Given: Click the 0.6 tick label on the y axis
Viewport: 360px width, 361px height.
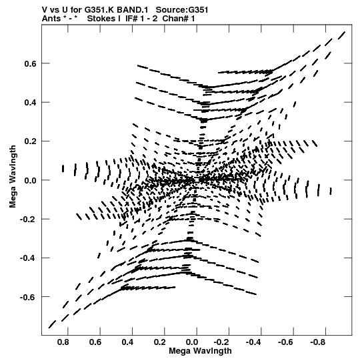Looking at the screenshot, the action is pyautogui.click(x=30, y=64).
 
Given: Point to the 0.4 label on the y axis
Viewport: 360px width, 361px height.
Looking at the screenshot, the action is pyautogui.click(x=30, y=103).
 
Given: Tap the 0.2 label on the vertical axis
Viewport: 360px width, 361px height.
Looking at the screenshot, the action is pyautogui.click(x=30, y=141).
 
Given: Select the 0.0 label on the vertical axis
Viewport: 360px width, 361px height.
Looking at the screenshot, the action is pyautogui.click(x=30, y=180).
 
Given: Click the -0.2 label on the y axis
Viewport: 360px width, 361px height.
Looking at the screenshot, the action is pyautogui.click(x=28, y=220).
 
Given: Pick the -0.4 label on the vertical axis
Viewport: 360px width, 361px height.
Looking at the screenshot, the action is pyautogui.click(x=28, y=258).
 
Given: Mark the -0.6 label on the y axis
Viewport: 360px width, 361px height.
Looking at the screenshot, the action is pyautogui.click(x=28, y=297).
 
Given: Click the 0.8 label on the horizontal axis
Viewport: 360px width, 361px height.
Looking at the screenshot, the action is pyautogui.click(x=63, y=342).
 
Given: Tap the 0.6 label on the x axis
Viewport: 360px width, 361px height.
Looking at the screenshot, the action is pyautogui.click(x=95, y=342).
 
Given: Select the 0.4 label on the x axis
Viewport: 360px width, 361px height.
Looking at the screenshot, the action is pyautogui.click(x=127, y=342).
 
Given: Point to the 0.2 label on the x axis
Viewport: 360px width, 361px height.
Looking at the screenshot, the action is pyautogui.click(x=159, y=342).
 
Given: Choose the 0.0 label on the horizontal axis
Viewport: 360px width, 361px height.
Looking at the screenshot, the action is pyautogui.click(x=192, y=342).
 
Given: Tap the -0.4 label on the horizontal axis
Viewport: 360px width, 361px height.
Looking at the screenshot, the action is pyautogui.click(x=253, y=342).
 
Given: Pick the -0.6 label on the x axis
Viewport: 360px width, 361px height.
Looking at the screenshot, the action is pyautogui.click(x=285, y=342).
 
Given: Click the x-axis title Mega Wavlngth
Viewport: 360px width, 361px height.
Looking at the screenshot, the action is pyautogui.click(x=200, y=352).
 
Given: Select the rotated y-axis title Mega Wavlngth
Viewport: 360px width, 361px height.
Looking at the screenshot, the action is pyautogui.click(x=13, y=176).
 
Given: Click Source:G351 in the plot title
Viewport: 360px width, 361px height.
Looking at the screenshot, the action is pyautogui.click(x=182, y=10).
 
